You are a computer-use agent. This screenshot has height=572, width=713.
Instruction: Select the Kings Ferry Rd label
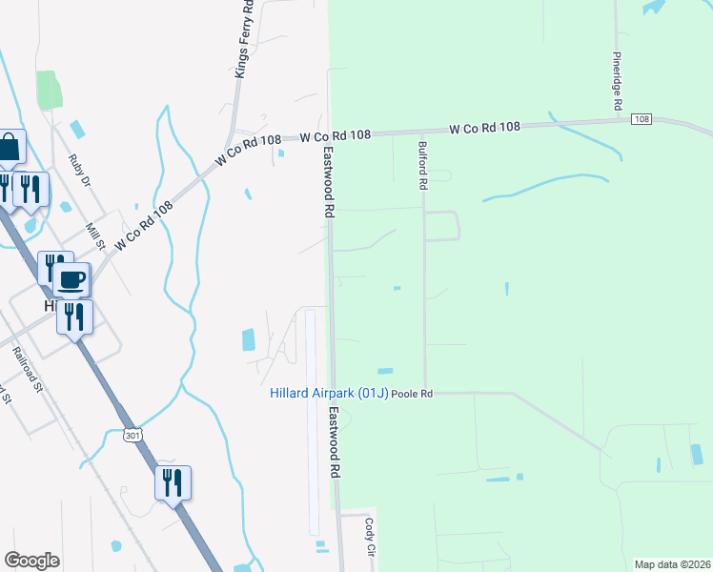[x=244, y=40]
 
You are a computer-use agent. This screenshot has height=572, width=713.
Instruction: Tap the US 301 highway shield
[x=132, y=436]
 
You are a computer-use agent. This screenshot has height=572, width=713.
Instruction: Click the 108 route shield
[x=641, y=119]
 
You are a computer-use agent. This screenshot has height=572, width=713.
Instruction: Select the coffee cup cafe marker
[x=71, y=279]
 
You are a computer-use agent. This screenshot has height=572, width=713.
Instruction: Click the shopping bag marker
[x=9, y=148]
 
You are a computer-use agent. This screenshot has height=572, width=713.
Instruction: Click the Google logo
[x=31, y=561]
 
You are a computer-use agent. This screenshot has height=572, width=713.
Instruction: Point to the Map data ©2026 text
[x=672, y=564]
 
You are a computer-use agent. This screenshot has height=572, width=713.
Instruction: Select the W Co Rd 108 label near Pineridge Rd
[x=485, y=127]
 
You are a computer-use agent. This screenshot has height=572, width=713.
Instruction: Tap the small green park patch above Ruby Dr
[x=49, y=90]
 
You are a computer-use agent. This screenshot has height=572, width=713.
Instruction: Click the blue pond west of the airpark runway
[x=249, y=338]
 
